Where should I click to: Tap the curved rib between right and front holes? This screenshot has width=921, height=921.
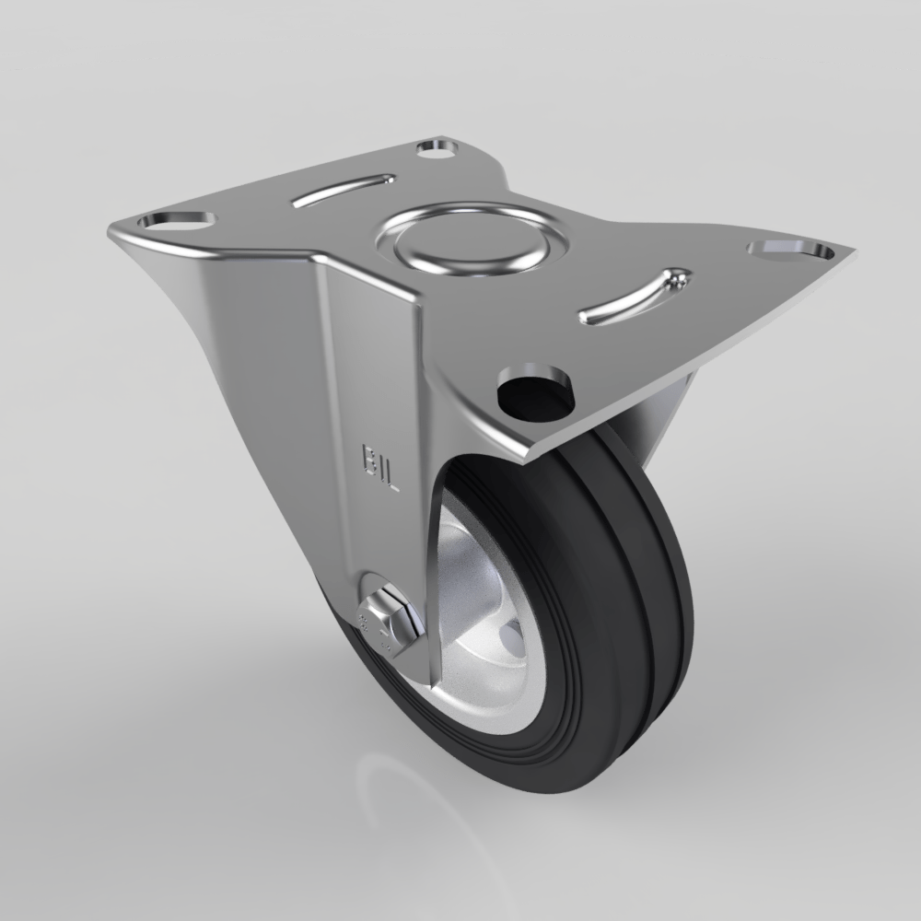coord(635,297)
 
